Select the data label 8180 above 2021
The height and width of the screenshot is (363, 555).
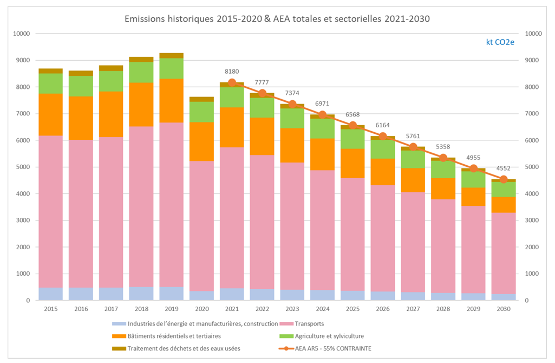(232, 71)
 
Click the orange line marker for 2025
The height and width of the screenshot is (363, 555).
(352, 125)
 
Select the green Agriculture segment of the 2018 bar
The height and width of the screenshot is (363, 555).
(141, 73)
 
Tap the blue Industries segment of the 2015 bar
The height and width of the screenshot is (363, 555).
(50, 294)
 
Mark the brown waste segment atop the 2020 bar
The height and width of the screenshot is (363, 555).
(201, 99)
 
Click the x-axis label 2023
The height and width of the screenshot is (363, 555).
(292, 308)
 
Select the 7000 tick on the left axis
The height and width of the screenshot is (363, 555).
(21, 114)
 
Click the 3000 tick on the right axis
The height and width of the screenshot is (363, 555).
(533, 221)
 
